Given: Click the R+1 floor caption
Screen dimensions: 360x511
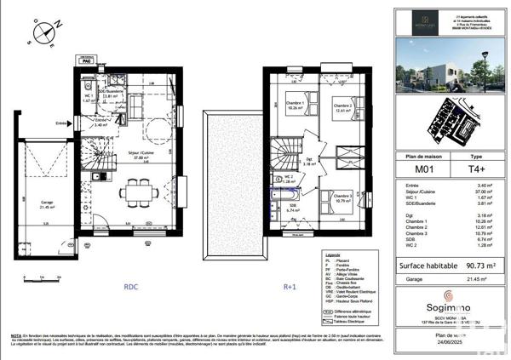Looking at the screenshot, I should tap(290, 287).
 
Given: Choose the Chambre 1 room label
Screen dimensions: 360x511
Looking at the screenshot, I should tap(296, 106).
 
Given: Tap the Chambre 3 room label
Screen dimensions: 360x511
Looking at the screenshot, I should tap(343, 199).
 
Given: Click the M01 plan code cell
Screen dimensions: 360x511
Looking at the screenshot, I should tap(421, 169).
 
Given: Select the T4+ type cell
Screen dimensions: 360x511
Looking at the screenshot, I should tap(477, 169).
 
